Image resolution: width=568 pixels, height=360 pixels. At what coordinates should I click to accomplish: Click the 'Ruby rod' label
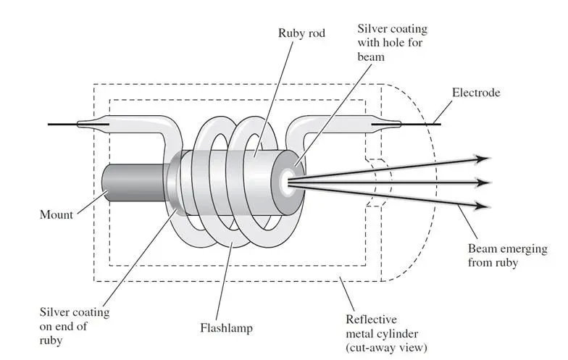pos(301,33)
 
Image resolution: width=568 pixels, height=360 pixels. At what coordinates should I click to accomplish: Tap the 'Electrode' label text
pos(476,93)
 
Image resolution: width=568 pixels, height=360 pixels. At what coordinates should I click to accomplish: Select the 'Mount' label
pos(57,214)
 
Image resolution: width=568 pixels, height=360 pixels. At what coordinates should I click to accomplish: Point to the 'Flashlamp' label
pos(226,328)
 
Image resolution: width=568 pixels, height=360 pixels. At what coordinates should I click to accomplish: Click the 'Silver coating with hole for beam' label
pos(393,43)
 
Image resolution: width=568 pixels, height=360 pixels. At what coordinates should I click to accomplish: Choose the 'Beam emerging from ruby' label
pos(507,256)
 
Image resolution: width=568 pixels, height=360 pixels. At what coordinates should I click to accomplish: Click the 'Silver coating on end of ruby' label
pos(74,326)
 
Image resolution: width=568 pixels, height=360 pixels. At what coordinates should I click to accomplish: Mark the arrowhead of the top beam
pos(483,159)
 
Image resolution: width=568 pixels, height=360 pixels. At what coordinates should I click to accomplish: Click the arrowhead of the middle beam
pos(483,183)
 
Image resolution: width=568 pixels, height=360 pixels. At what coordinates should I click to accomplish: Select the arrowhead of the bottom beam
pos(483,206)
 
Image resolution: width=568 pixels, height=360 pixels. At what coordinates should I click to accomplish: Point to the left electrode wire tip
pos(49,125)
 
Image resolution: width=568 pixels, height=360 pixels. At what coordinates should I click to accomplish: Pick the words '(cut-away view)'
pos(387,348)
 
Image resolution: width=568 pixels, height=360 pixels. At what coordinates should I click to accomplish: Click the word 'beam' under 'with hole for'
pos(371,56)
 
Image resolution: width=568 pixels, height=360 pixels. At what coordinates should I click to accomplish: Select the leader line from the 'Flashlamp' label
pos(224,281)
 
